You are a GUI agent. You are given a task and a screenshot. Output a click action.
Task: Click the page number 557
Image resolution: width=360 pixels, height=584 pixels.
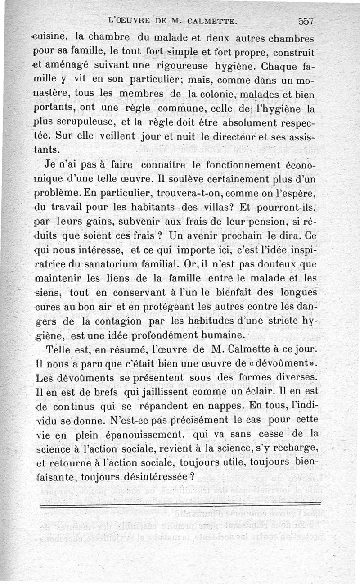click(x=306, y=21)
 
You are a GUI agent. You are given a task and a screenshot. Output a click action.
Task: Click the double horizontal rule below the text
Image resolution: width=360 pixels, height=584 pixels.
click(x=180, y=506)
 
